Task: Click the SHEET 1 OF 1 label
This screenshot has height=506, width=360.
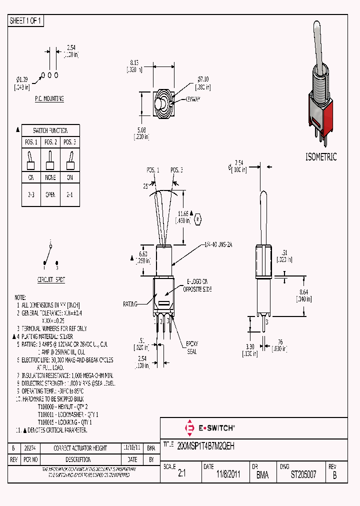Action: tap(26, 21)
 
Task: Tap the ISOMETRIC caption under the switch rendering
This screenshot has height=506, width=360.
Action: tap(321, 157)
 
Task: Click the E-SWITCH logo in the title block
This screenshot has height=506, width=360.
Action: tap(209, 428)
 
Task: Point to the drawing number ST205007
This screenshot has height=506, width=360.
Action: tap(303, 475)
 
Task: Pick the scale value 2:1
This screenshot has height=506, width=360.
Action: tap(181, 475)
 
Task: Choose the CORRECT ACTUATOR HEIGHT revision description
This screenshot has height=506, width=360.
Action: tap(80, 448)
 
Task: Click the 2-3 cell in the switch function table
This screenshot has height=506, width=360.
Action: tap(30, 194)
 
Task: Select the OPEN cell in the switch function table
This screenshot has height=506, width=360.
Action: tap(50, 194)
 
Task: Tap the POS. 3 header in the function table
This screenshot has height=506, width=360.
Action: tap(70, 142)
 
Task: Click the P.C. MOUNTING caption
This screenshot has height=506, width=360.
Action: tap(49, 99)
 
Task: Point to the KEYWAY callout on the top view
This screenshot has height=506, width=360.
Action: tap(193, 99)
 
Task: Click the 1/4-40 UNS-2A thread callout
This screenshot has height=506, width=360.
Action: tap(219, 244)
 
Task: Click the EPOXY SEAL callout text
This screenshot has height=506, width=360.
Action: tap(192, 347)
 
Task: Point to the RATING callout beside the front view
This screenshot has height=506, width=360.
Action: tap(130, 303)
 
